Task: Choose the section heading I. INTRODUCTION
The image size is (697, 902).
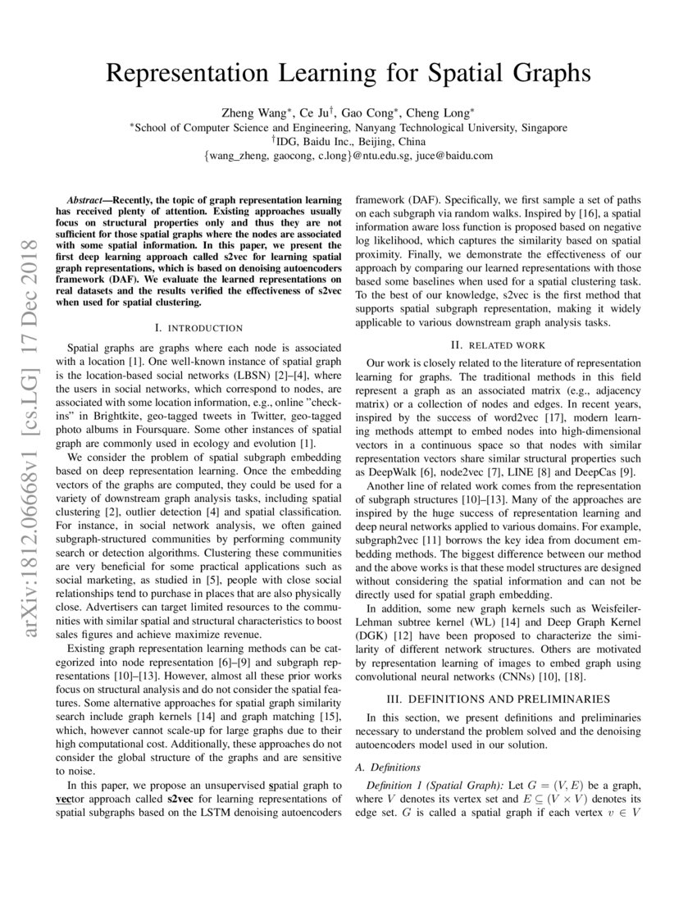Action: [x=198, y=328]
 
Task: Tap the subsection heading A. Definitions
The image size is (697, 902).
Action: [x=385, y=768]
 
